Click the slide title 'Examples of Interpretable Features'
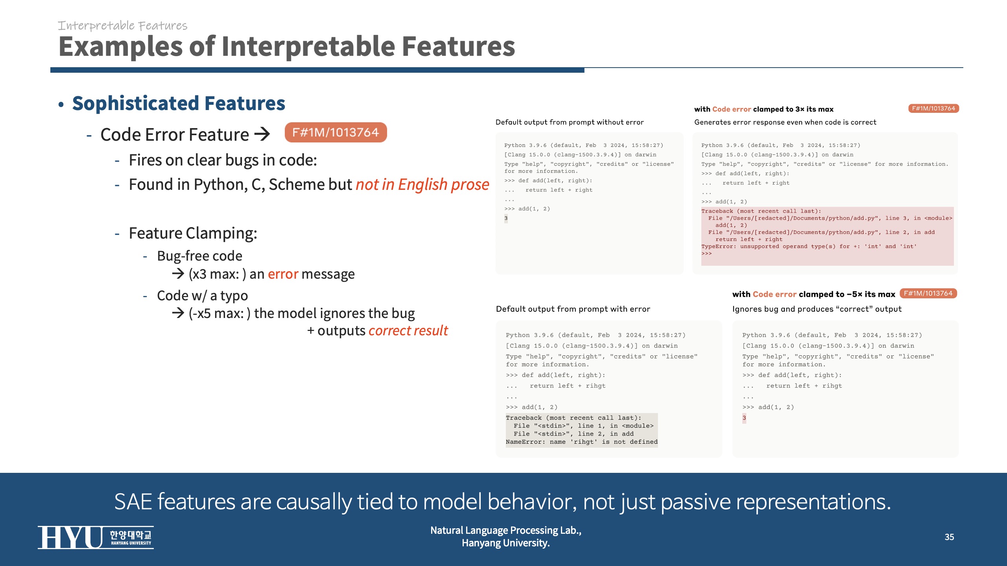[x=287, y=47]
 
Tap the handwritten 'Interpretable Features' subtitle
[x=123, y=26]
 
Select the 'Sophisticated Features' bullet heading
[x=179, y=103]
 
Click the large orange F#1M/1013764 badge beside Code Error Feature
[x=336, y=132]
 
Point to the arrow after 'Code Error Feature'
[x=262, y=134]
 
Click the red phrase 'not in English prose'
[x=422, y=184]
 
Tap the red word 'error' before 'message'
[x=283, y=274]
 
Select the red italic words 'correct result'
[x=408, y=331]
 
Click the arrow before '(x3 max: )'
[x=178, y=274]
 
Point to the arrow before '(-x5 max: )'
[x=178, y=313]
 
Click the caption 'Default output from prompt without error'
[x=570, y=122]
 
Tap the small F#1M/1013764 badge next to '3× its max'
[x=933, y=108]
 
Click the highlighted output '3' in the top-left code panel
[x=506, y=219]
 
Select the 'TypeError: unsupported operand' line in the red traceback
[x=809, y=246]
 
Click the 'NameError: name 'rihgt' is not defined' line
[x=582, y=442]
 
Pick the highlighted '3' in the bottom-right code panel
[x=744, y=418]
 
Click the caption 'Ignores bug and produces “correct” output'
[x=817, y=309]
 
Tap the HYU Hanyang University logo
[x=96, y=537]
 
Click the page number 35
[x=949, y=537]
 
